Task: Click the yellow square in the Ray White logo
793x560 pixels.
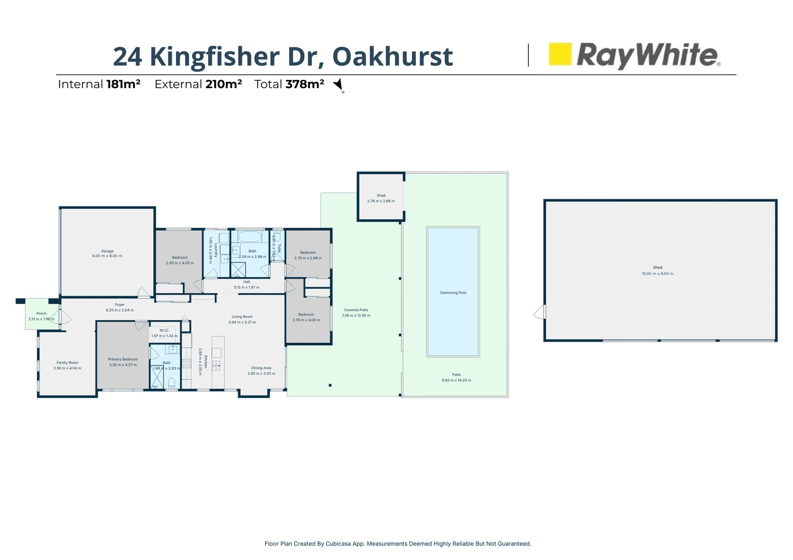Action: pyautogui.click(x=560, y=54)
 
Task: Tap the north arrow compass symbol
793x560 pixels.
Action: pyautogui.click(x=338, y=85)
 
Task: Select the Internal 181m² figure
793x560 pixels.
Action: pyautogui.click(x=123, y=84)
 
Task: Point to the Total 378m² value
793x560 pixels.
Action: pyautogui.click(x=305, y=84)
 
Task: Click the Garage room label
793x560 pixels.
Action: pyautogui.click(x=107, y=251)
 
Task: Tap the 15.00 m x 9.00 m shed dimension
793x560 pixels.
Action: pyautogui.click(x=658, y=274)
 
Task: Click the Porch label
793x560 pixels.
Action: pyautogui.click(x=42, y=313)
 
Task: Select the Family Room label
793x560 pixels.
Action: pyautogui.click(x=67, y=363)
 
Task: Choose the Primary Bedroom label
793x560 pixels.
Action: pyautogui.click(x=123, y=359)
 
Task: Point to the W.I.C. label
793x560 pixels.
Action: pyautogui.click(x=164, y=330)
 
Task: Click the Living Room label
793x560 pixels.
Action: pyautogui.click(x=242, y=317)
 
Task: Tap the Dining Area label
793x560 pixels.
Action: pyautogui.click(x=261, y=368)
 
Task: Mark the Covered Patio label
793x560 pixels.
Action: pyautogui.click(x=356, y=310)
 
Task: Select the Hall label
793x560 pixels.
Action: pyautogui.click(x=247, y=282)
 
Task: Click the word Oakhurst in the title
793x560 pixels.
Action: pyautogui.click(x=392, y=56)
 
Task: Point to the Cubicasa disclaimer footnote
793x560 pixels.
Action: pyautogui.click(x=398, y=544)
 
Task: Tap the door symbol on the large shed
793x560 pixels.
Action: pyautogui.click(x=540, y=312)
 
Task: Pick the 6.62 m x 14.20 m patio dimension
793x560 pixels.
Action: pyautogui.click(x=456, y=380)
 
